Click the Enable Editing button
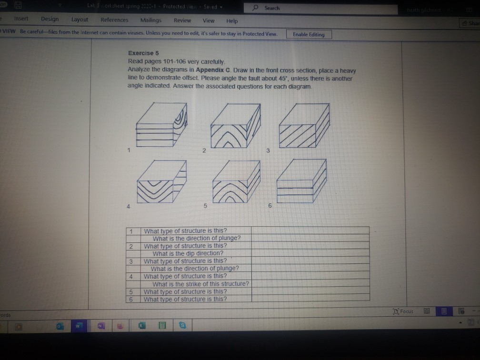click(x=309, y=34)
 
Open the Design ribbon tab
click(x=50, y=20)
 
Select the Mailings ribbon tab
click(x=150, y=20)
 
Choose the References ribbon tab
click(x=114, y=20)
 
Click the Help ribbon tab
click(x=232, y=21)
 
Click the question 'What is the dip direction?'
click(x=188, y=253)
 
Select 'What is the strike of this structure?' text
click(x=200, y=284)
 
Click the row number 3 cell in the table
click(x=131, y=261)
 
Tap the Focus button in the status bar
click(x=403, y=311)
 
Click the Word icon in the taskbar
click(x=77, y=327)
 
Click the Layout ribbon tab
click(x=80, y=20)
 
